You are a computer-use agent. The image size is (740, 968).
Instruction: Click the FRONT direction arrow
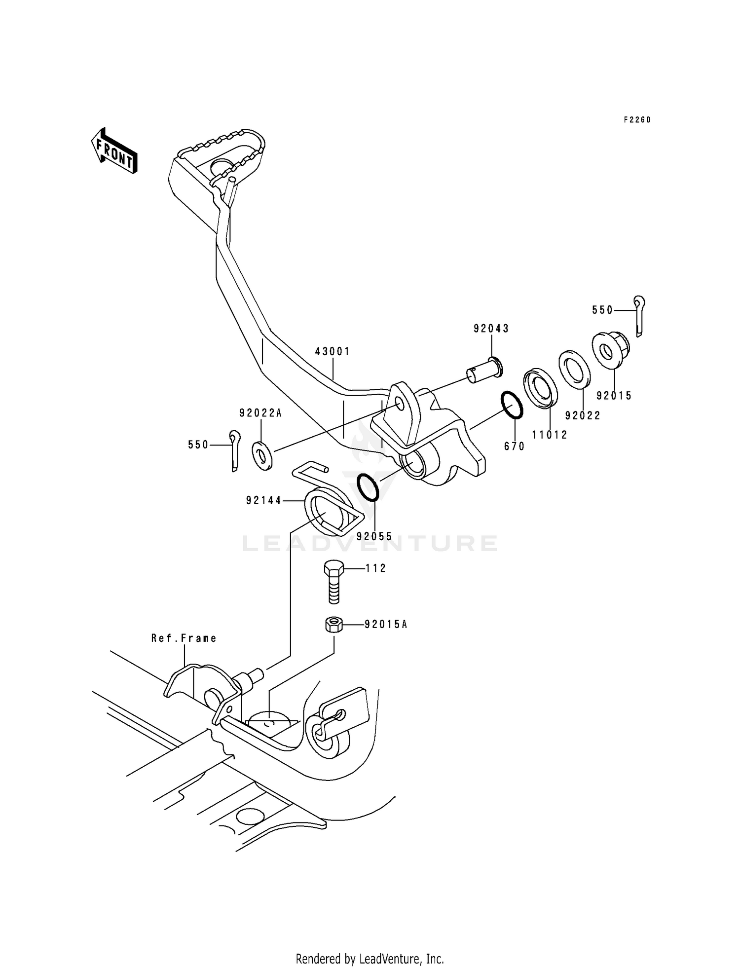coord(114,151)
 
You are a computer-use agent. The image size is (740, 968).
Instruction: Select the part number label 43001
coord(333,352)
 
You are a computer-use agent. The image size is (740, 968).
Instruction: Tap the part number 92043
coord(491,329)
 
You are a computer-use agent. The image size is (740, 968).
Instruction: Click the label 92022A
coord(260,413)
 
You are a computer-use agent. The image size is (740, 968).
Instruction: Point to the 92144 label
coord(263,501)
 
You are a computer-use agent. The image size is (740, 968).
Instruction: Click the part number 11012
coord(550,435)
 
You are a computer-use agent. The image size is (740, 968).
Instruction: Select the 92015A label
coord(386,625)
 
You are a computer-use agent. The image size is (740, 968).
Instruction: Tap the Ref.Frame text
coord(184,638)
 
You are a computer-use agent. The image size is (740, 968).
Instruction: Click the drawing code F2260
coord(637,120)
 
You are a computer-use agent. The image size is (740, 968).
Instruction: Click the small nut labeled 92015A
coord(333,625)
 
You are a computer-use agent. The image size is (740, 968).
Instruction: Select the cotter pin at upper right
coord(640,316)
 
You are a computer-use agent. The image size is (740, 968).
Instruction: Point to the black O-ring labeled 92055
coord(368,487)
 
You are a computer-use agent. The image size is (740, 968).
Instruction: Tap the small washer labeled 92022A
coord(262,456)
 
